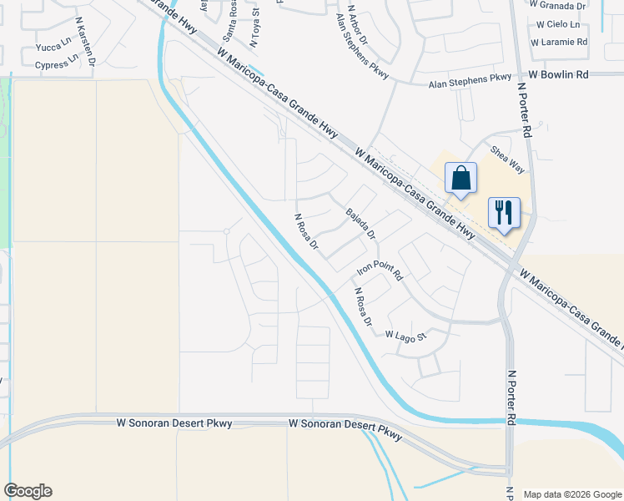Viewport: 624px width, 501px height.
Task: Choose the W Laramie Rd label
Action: coord(562,41)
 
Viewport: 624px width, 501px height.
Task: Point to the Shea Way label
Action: coord(507,159)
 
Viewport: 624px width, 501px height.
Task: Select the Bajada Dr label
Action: coord(362,221)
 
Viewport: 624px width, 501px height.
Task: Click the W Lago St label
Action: coord(405,336)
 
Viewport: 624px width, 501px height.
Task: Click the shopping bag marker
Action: coord(460,179)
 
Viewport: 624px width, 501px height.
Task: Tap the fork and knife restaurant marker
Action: coord(504,214)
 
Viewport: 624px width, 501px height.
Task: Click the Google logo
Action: coord(28,491)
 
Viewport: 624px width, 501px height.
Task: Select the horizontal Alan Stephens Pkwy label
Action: coord(469,78)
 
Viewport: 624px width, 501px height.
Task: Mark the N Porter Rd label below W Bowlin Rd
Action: coord(525,109)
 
